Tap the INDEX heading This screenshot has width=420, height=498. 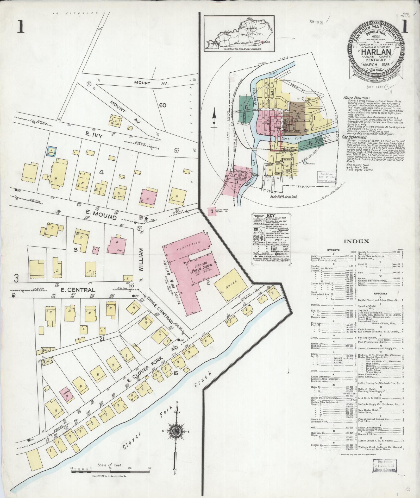point(356,241)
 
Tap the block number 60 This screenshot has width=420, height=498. point(162,105)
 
